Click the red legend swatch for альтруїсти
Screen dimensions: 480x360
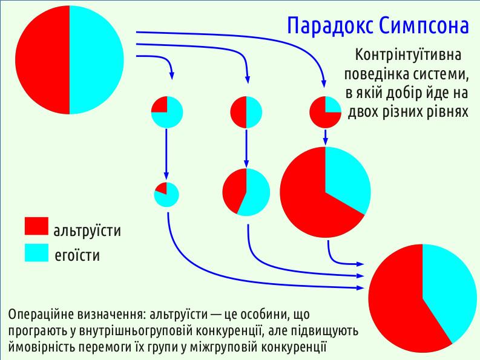point(36,226)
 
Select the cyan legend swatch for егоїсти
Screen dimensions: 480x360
point(36,252)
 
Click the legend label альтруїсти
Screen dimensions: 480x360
point(87,231)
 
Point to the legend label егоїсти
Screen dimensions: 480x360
point(77,255)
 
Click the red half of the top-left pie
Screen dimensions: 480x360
point(42,60)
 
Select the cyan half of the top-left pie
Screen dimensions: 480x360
point(97,60)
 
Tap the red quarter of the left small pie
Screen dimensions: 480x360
point(160,105)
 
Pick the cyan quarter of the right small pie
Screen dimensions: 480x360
point(332,105)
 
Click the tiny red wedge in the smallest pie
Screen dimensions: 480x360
point(162,189)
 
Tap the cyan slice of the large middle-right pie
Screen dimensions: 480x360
point(346,177)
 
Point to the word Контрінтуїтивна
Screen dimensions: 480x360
point(408,55)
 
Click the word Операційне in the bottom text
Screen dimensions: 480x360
point(41,315)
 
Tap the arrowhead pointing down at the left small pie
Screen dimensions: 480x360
point(172,75)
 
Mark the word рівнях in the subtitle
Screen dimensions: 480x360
point(449,112)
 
